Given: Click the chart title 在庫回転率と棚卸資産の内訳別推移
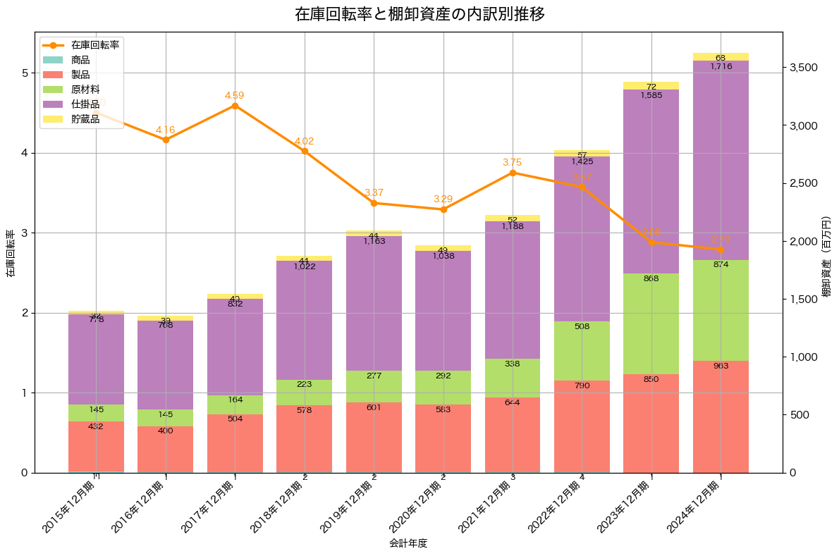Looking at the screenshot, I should [420, 14].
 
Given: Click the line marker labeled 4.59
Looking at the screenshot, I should [235, 106].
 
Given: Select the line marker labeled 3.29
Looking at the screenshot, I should [443, 209].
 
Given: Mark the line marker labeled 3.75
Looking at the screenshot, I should [513, 173].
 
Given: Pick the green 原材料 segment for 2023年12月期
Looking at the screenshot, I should [651, 324].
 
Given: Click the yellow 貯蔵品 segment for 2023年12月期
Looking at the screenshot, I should [651, 85].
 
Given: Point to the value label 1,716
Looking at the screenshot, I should [721, 66].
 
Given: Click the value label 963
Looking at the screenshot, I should [721, 366].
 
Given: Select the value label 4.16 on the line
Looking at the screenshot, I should [166, 130].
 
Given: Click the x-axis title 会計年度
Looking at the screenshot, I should [408, 543].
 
